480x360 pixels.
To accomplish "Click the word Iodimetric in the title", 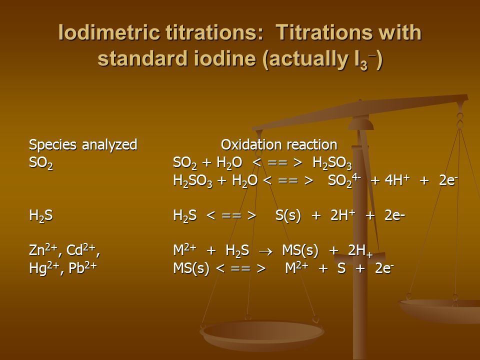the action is [x=109, y=32].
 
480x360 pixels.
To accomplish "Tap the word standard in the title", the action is [x=142, y=58].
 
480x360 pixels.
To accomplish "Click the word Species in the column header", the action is [x=52, y=145].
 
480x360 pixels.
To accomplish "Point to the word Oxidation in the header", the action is [x=251, y=144].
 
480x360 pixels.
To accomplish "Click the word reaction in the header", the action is [x=311, y=145].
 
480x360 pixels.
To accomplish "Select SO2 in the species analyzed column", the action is [x=40, y=163].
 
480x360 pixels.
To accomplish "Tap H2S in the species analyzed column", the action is [x=40, y=215].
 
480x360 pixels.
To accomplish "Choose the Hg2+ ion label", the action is [x=44, y=268].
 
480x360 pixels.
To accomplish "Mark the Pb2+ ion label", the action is [x=82, y=268].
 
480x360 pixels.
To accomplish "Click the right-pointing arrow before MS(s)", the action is [x=265, y=251].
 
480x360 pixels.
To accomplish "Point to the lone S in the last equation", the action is [x=341, y=268].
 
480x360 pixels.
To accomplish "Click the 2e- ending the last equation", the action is [x=384, y=268].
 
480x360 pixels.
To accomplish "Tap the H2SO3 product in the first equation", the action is [x=332, y=163].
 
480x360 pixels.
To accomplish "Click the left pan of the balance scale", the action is [x=262, y=332].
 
